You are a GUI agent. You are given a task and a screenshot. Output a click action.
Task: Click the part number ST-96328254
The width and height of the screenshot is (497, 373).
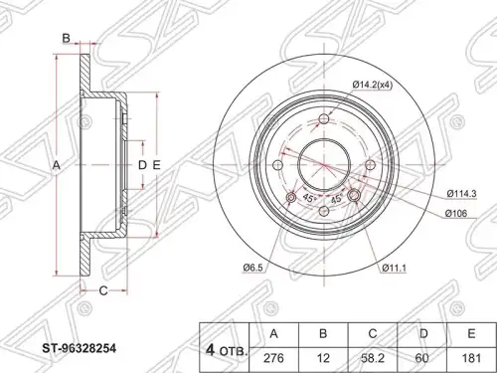[x=79, y=348]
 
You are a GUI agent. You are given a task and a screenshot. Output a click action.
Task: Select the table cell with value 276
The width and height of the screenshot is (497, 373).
[x=273, y=358]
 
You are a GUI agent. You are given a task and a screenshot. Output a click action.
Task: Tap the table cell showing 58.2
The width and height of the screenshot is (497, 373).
[x=373, y=358]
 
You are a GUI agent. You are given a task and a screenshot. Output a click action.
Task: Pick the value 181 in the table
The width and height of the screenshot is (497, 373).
[x=471, y=358]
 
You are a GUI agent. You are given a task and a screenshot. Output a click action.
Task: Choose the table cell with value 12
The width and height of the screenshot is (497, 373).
[x=323, y=358]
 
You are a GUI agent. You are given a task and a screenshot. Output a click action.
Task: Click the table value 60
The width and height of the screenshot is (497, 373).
[x=422, y=358]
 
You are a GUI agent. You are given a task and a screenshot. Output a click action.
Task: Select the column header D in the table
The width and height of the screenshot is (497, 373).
[x=422, y=334]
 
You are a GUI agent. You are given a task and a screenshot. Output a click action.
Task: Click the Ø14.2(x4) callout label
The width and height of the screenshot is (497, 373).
[x=373, y=86]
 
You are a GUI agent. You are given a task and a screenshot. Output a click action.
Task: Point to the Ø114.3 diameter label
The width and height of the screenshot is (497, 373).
[x=461, y=194]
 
